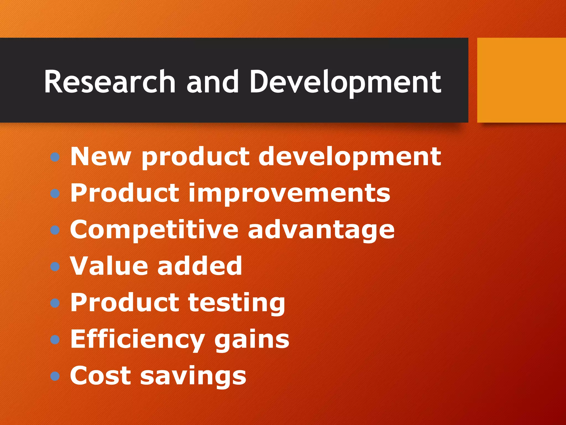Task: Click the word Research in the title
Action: pos(110,82)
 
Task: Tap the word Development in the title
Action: pos(345,82)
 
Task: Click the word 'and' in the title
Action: pos(213,82)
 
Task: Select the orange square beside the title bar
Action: pos(522,80)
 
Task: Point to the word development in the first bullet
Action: pos(350,157)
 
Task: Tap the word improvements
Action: pos(289,193)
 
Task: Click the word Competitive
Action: pos(154,230)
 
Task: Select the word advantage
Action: pos(321,230)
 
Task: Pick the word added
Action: pos(200,266)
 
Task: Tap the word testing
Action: pos(237,303)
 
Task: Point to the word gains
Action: pos(252,339)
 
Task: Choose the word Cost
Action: pos(100,376)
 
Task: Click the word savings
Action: pos(193,376)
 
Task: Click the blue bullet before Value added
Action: pos(55,267)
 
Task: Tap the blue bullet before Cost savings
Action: pos(55,376)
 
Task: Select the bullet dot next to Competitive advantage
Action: pos(55,230)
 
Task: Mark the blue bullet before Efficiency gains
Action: pos(55,340)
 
